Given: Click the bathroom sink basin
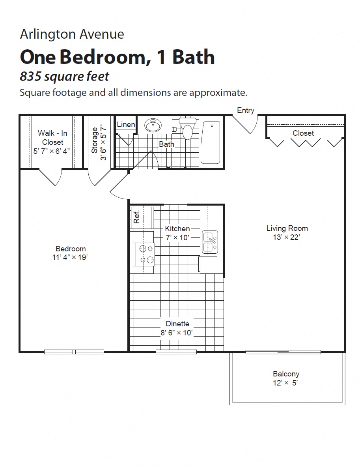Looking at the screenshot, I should click(x=153, y=125).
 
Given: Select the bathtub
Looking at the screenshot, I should click(x=210, y=142).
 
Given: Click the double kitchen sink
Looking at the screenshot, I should click(x=210, y=242).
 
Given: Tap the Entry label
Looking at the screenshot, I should click(x=246, y=110).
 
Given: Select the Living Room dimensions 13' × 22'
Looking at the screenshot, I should click(x=287, y=237).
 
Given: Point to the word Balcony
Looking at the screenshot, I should click(x=286, y=374).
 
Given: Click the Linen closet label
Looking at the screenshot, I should click(x=126, y=125).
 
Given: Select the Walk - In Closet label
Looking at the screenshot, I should click(x=52, y=138).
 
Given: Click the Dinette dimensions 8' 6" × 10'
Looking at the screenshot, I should click(x=177, y=333).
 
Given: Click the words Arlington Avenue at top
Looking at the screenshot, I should click(x=72, y=34).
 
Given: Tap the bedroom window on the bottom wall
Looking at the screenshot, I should click(x=74, y=352).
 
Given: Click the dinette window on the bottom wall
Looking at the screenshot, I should click(x=176, y=352).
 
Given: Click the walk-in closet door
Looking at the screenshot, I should click(x=50, y=178).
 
